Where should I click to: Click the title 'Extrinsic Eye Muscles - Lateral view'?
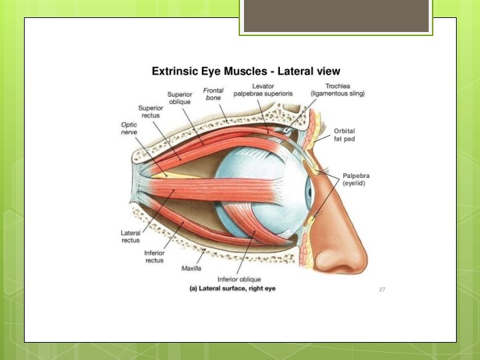[246, 71]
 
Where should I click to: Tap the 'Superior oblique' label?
[179, 98]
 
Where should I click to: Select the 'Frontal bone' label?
[213, 94]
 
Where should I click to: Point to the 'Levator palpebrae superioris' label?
[263, 89]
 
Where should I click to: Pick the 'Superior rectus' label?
[150, 111]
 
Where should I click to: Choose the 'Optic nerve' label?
[129, 128]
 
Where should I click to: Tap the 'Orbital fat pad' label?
[346, 134]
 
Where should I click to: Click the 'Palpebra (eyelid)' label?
[355, 179]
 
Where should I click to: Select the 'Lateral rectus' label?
[130, 236]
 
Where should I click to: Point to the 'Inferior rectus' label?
[154, 257]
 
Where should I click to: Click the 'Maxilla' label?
[192, 269]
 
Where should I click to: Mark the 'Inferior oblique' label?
[239, 279]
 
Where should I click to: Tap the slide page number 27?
[382, 289]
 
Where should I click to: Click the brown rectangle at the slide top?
[336, 17]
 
